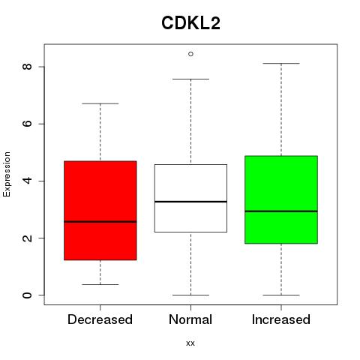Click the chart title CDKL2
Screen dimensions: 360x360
pyautogui.click(x=190, y=23)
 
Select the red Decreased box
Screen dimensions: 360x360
pyautogui.click(x=100, y=211)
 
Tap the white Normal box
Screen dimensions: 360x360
pyautogui.click(x=190, y=198)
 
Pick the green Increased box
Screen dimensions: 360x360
pyautogui.click(x=281, y=199)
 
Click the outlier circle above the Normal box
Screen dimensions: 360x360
pyautogui.click(x=190, y=54)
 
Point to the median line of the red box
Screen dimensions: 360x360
pyautogui.click(x=100, y=221)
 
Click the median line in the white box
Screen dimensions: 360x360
pyautogui.click(x=190, y=202)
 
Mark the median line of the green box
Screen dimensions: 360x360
pyautogui.click(x=281, y=211)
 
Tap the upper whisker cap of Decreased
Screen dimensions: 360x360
pyautogui.click(x=100, y=103)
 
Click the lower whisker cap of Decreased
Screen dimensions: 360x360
pyautogui.click(x=100, y=284)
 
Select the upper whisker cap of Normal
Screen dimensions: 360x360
pyautogui.click(x=190, y=79)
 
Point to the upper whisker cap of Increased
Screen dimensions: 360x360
pyautogui.click(x=281, y=64)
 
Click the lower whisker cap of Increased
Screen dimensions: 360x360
pyautogui.click(x=281, y=295)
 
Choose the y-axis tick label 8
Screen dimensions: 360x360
pyautogui.click(x=27, y=67)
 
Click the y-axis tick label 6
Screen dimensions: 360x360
pyautogui.click(x=27, y=124)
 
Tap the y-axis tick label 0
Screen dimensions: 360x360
pyautogui.click(x=27, y=295)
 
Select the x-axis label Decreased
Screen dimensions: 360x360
pyautogui.click(x=100, y=319)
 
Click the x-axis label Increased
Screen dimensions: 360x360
pyautogui.click(x=281, y=319)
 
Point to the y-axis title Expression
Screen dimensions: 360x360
pyautogui.click(x=7, y=174)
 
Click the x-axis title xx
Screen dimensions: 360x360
pyautogui.click(x=190, y=343)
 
